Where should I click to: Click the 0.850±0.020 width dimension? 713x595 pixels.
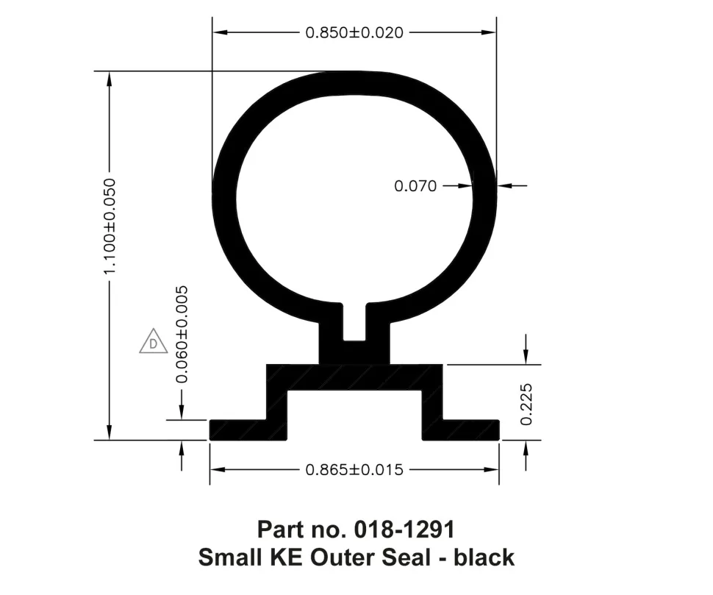[x=354, y=33]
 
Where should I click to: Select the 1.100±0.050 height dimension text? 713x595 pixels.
[x=110, y=226]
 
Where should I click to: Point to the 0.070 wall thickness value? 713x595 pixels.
[x=415, y=186]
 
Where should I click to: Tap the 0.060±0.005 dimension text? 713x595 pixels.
[x=182, y=335]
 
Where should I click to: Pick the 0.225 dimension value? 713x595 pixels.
[x=526, y=405]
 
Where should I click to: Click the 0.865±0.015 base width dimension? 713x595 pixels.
[x=354, y=469]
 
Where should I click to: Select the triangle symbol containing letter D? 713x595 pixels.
[x=153, y=341]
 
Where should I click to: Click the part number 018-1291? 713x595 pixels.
[x=404, y=530]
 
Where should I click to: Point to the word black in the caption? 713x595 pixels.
[x=484, y=557]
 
